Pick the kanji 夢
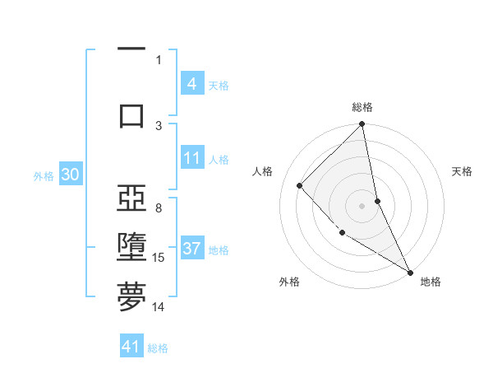(x=131, y=296)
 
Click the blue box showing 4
(x=191, y=84)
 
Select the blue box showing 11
(x=191, y=158)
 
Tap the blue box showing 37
(x=191, y=249)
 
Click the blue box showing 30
(x=70, y=175)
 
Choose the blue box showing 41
(x=131, y=347)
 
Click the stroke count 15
(x=159, y=258)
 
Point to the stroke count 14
(x=159, y=307)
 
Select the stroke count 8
(x=159, y=208)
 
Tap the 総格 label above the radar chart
(x=362, y=107)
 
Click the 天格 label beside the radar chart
(x=462, y=171)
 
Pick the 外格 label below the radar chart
(x=289, y=282)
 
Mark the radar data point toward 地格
(x=410, y=272)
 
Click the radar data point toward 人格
(x=300, y=185)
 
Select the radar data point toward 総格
(x=362, y=125)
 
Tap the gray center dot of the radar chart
(x=362, y=205)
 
